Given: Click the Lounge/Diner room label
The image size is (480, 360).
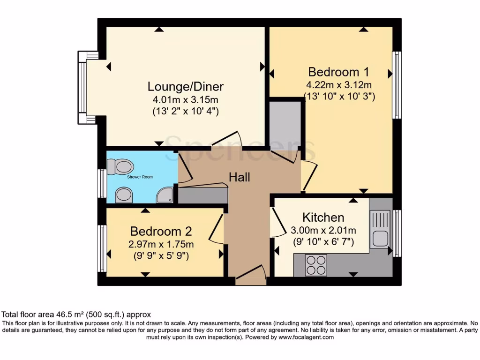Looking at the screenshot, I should (x=186, y=87).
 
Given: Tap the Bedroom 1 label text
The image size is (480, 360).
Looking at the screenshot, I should (x=338, y=72).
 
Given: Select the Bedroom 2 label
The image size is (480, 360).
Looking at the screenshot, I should (x=161, y=232).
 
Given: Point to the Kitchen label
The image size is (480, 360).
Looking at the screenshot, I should (x=323, y=217).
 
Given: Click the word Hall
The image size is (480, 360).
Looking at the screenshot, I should (x=239, y=177).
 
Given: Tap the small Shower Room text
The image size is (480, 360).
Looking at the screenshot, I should (x=140, y=177).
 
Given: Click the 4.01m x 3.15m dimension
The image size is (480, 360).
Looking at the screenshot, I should (x=186, y=100).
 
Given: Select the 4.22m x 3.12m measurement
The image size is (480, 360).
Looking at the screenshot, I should (x=338, y=85).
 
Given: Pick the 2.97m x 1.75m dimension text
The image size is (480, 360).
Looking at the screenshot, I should (x=162, y=244).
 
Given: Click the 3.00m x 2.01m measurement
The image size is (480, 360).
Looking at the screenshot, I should (x=323, y=230).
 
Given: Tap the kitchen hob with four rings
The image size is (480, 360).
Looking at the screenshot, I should (x=316, y=265).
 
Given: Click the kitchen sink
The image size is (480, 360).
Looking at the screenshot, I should (x=380, y=230).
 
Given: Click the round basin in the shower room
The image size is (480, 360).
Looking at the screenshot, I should (x=124, y=195).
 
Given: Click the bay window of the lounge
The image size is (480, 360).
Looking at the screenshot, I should (x=83, y=88).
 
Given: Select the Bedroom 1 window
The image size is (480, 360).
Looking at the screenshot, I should (x=397, y=85).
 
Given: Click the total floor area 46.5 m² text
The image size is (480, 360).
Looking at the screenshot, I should (x=76, y=315).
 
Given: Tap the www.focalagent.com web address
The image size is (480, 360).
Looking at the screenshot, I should (x=306, y=337).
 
